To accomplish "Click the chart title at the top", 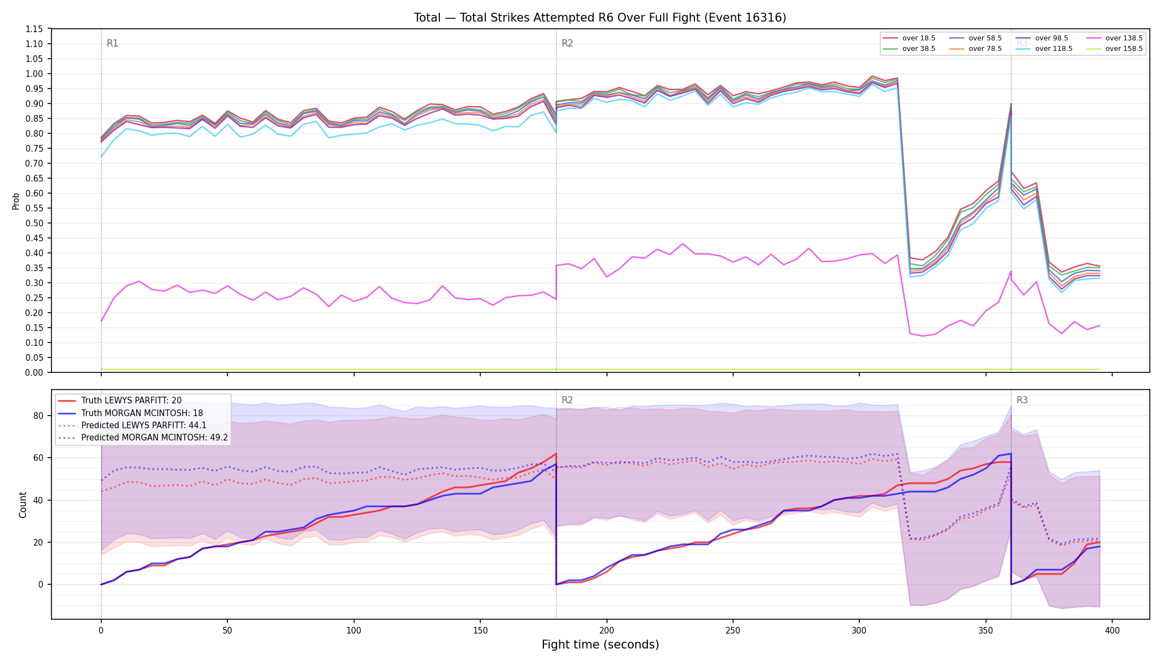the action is [x=600, y=18].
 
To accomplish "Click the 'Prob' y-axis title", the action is [x=15, y=201].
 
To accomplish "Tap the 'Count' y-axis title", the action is [x=23, y=505].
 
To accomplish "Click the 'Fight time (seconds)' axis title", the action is [x=600, y=645].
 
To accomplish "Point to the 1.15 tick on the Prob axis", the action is [x=34, y=29].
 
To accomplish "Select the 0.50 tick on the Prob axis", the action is [x=34, y=223].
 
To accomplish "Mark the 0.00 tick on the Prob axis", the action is [x=34, y=372].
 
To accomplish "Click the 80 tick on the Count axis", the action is [x=38, y=416].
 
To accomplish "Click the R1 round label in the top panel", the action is [x=112, y=43].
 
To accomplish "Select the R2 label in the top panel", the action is [x=567, y=43].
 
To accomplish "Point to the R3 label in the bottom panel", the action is [x=1022, y=400].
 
